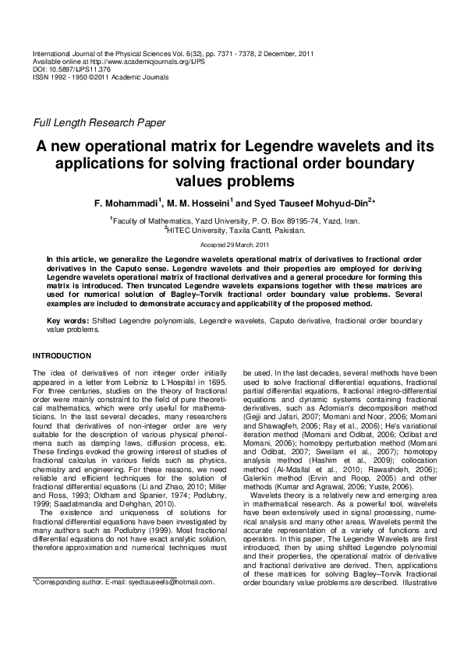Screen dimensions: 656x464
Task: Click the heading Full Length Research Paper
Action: (x=98, y=122)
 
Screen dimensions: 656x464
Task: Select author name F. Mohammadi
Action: (x=123, y=203)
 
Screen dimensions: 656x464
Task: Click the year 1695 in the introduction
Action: (x=217, y=382)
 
